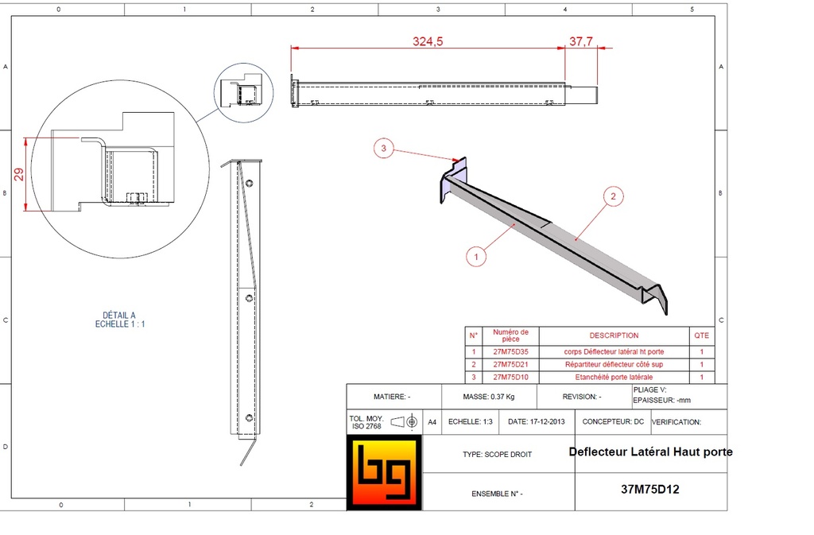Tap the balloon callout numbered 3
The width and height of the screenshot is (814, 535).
(x=384, y=148)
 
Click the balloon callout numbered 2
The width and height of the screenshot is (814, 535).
(x=611, y=196)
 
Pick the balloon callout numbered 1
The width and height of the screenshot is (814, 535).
(x=475, y=257)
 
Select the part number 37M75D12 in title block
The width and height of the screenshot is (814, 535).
(x=649, y=490)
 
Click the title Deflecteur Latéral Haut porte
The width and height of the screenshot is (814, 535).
(x=650, y=452)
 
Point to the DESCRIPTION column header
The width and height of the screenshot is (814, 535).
(x=614, y=335)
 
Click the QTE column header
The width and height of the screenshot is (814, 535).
(x=702, y=335)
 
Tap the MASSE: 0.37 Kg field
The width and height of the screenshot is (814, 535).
(x=488, y=396)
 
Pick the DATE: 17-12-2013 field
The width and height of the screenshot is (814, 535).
(x=536, y=422)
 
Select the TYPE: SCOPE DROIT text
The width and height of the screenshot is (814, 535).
(x=497, y=455)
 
